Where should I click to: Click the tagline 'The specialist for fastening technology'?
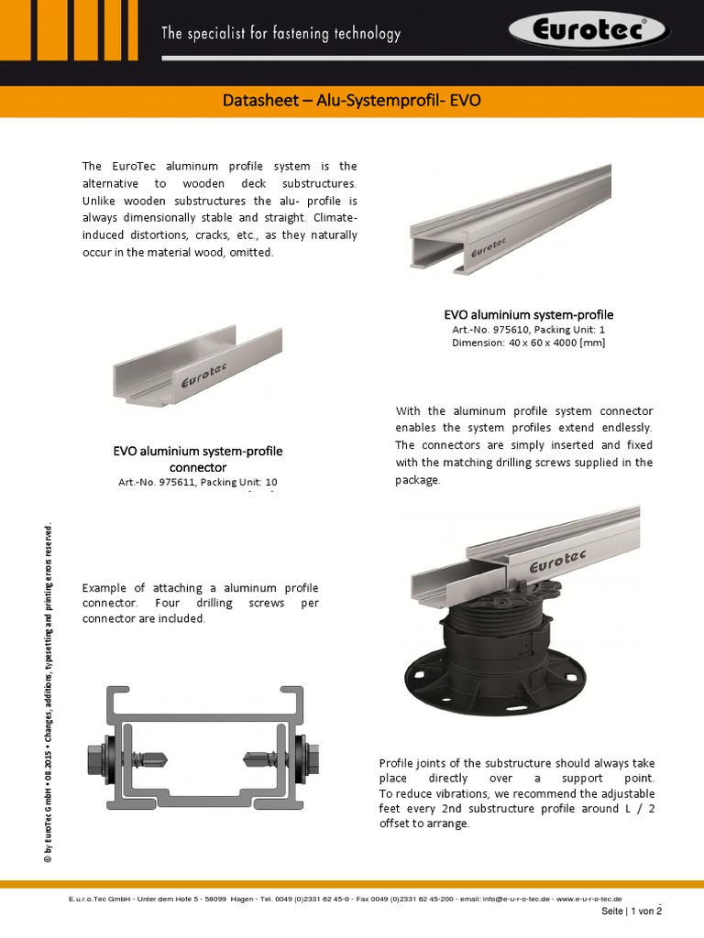pyautogui.click(x=280, y=34)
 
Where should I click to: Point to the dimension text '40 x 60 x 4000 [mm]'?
pyautogui.click(x=554, y=343)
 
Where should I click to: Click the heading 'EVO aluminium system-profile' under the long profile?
pyautogui.click(x=528, y=314)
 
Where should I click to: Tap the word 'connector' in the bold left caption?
pyautogui.click(x=198, y=466)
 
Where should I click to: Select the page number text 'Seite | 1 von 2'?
pyautogui.click(x=631, y=911)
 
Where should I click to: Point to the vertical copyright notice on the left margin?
pyautogui.click(x=49, y=692)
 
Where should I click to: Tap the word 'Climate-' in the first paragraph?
pyautogui.click(x=335, y=219)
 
